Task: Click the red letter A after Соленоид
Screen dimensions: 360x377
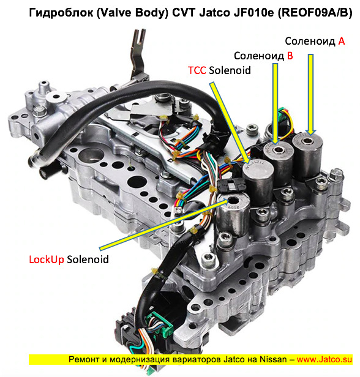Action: coord(342,42)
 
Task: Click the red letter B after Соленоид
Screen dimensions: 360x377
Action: coord(290,56)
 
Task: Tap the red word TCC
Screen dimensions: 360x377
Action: coord(197,70)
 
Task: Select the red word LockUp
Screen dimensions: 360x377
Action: coord(47,259)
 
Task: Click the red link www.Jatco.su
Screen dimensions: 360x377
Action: coord(324,359)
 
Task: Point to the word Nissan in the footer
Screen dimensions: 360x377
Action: coord(273,359)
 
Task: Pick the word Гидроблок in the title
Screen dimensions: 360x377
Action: coord(61,12)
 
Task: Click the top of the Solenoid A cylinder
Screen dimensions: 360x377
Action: coord(307,141)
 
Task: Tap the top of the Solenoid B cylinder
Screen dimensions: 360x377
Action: coord(279,150)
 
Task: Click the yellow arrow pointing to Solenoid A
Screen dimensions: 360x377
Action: coord(310,94)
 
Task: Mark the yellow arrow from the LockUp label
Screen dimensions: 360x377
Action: coord(164,224)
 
